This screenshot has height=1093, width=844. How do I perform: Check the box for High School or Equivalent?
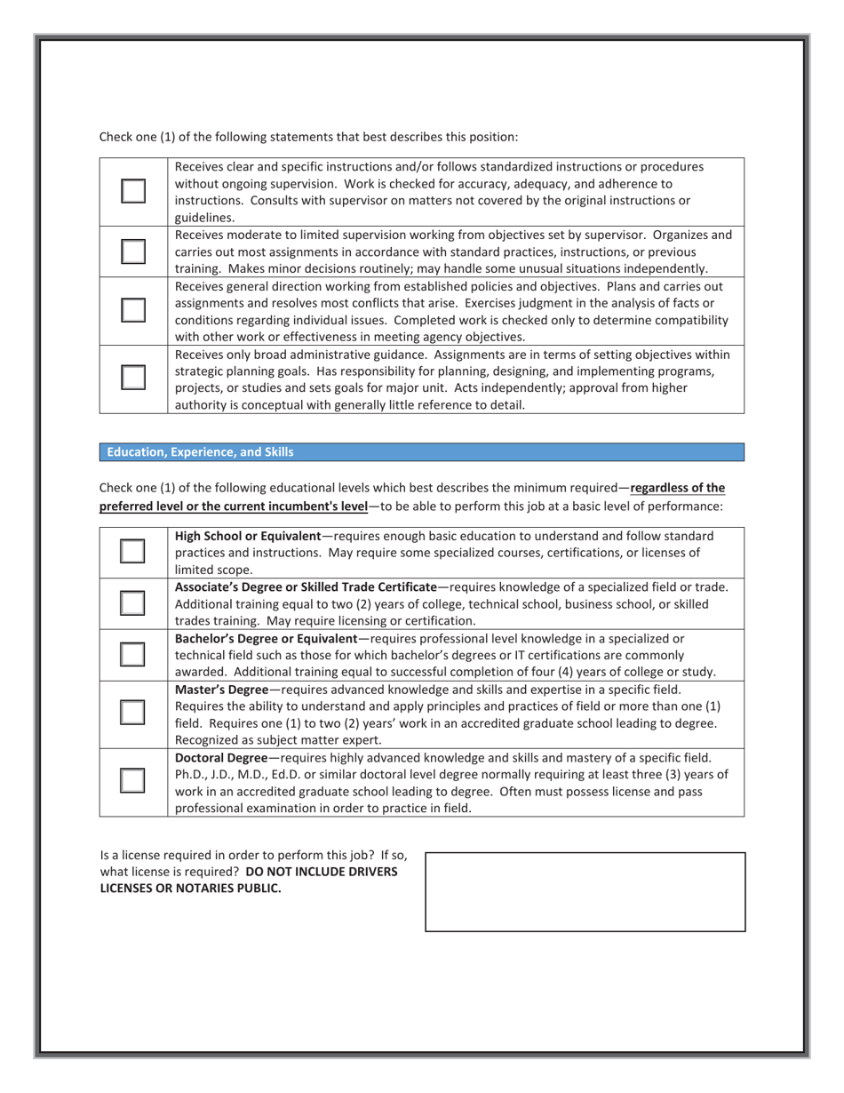pos(132,552)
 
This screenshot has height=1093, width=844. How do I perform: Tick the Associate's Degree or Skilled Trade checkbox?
pos(132,602)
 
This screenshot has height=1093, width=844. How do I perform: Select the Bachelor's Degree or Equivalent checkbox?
pos(132,654)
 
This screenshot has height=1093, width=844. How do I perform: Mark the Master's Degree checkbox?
pos(132,713)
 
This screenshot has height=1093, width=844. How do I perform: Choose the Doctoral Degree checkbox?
pos(132,780)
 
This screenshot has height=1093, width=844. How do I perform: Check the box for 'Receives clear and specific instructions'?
pos(132,191)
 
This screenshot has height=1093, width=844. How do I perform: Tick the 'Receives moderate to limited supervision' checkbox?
pos(132,251)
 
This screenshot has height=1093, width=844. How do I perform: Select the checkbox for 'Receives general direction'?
pos(132,309)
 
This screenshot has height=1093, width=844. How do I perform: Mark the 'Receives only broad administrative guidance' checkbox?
pos(132,378)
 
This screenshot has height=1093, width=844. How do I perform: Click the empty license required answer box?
pos(585,891)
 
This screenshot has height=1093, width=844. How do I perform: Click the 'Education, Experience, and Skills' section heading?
pos(200,452)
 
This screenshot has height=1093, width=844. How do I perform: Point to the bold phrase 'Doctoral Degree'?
pos(220,758)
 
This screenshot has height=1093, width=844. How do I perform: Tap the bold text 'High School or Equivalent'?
pos(248,536)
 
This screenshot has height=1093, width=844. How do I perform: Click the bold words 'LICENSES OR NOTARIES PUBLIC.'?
pos(190,888)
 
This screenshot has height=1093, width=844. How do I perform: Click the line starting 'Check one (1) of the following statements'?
pos(307,137)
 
